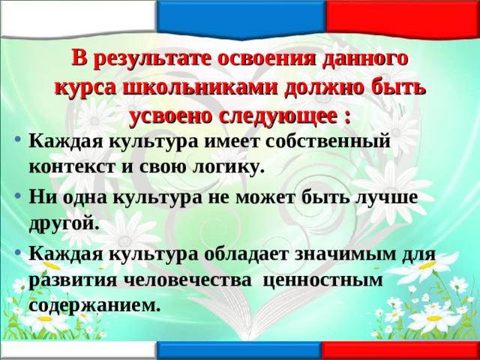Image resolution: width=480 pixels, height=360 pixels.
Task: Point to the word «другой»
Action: point(64,223)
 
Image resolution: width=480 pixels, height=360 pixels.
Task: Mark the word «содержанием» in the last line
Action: point(95,305)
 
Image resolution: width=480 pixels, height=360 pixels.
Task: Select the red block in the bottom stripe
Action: point(401,351)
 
